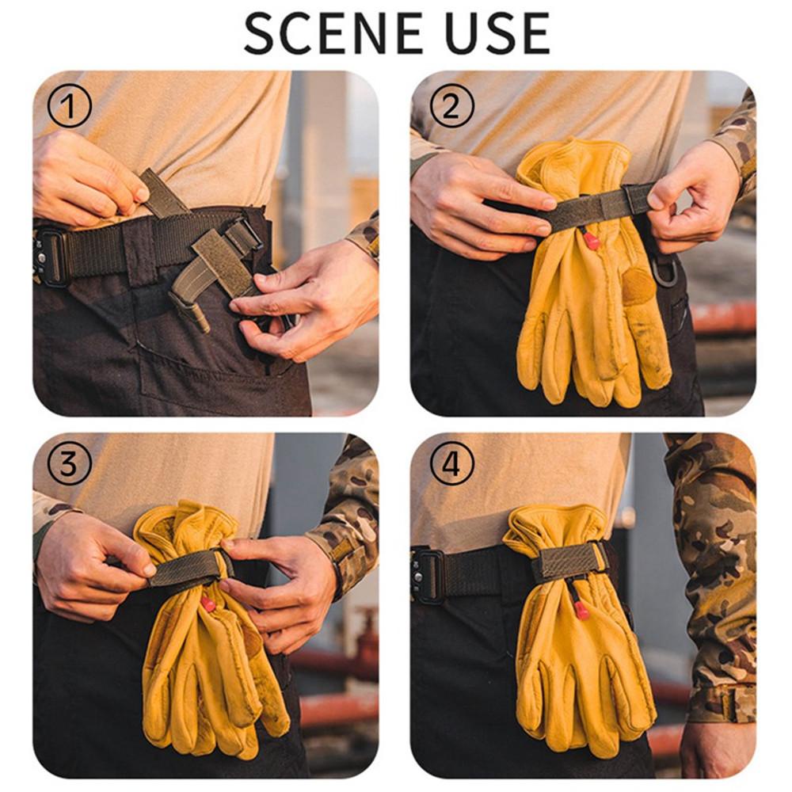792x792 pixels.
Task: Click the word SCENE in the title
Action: (x=333, y=33)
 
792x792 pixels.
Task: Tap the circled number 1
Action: (x=69, y=107)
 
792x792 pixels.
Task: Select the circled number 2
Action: (x=451, y=106)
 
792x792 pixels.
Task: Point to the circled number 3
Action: (x=69, y=463)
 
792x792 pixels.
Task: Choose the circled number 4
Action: (x=451, y=463)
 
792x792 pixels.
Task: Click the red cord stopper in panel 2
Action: (x=592, y=241)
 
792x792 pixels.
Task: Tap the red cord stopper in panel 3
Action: (x=208, y=603)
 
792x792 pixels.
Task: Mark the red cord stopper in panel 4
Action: (x=582, y=610)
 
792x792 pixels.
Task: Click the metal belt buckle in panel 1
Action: (x=49, y=257)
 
